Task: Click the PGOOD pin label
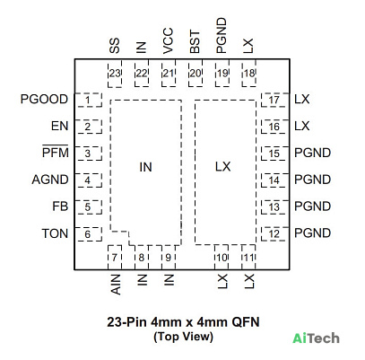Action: [44, 100]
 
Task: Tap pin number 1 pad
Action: [89, 100]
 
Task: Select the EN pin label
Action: [60, 126]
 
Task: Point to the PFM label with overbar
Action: [56, 152]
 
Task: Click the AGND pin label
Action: [50, 180]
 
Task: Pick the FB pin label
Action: [60, 206]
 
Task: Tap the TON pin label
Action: [55, 233]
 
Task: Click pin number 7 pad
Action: [115, 258]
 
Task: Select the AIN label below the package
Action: [116, 285]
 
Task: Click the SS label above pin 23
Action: [115, 46]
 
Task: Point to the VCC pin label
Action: [169, 41]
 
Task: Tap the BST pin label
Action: [195, 42]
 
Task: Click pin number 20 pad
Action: [196, 74]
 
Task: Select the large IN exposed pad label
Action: [146, 167]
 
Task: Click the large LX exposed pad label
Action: [223, 167]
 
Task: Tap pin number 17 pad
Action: [275, 100]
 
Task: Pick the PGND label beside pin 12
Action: [313, 233]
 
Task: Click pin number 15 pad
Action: [275, 154]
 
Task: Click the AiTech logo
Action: [317, 338]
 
